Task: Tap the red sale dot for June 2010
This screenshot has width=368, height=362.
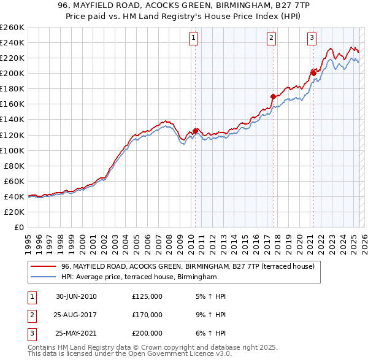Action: pyautogui.click(x=196, y=131)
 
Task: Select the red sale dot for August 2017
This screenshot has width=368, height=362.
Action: pyautogui.click(x=273, y=96)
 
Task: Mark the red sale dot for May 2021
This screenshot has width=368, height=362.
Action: pyautogui.click(x=313, y=73)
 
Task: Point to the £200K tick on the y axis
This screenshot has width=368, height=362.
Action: pyautogui.click(x=12, y=73)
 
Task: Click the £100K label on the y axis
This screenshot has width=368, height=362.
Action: pyautogui.click(x=12, y=150)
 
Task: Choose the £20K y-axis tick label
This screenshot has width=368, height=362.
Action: pyautogui.click(x=15, y=212)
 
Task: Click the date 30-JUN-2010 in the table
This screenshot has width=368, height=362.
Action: pyautogui.click(x=76, y=296)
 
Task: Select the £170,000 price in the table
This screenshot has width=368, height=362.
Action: pyautogui.click(x=147, y=315)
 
